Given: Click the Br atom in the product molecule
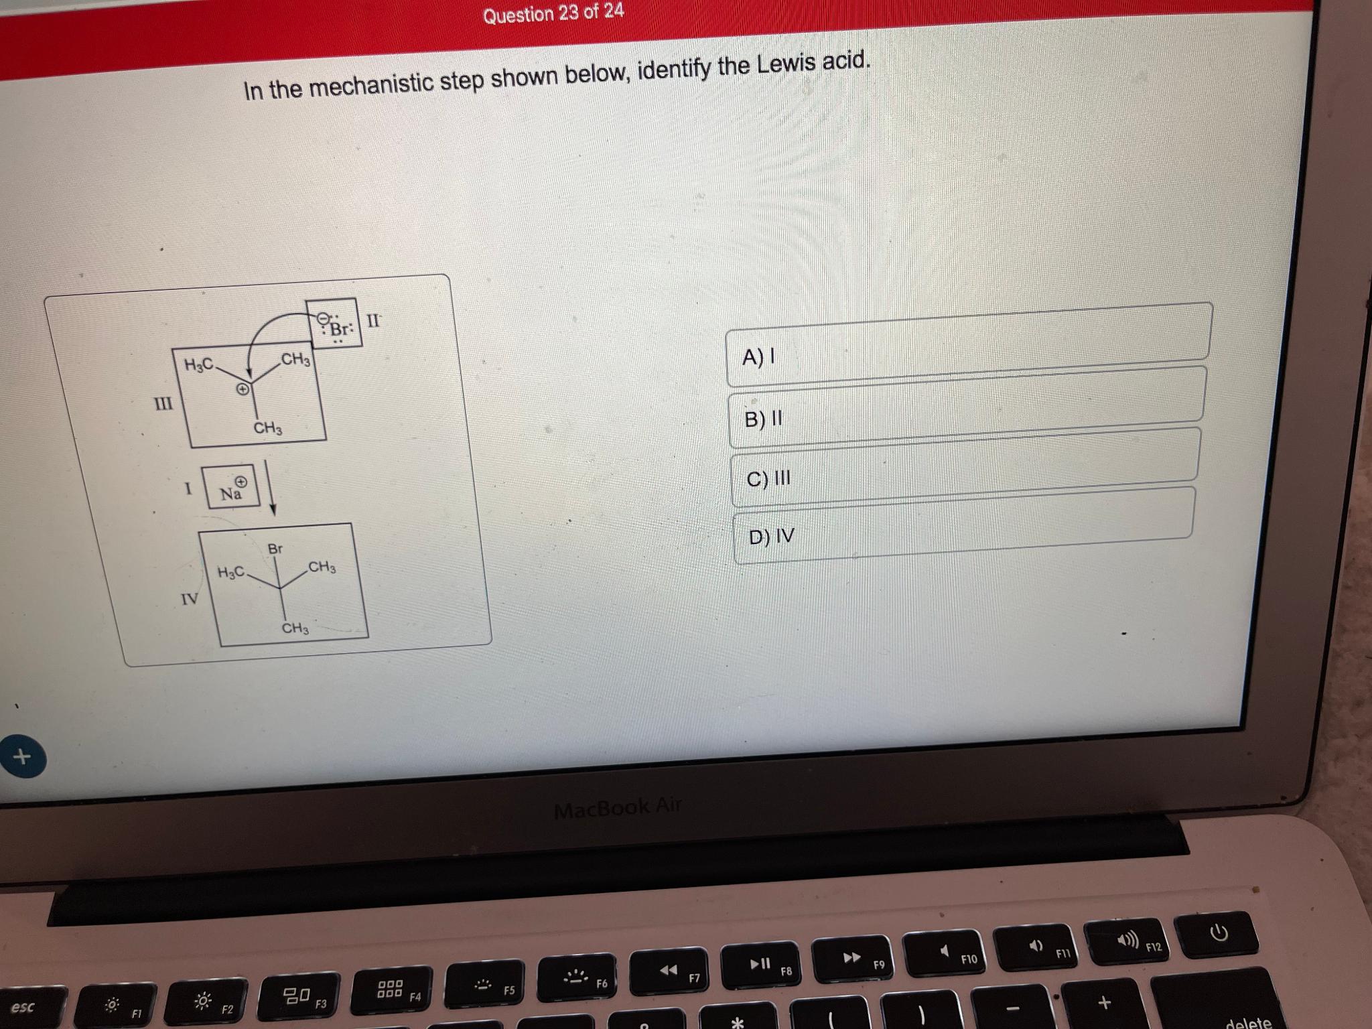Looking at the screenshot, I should point(275,549).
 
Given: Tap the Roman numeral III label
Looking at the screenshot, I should point(163,404).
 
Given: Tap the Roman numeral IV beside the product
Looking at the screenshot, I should point(190,598).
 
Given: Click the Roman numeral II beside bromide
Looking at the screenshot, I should point(374,320).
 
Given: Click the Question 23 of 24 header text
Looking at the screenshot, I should point(553,13).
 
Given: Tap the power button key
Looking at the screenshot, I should point(1219,933).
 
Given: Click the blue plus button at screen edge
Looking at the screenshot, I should point(22,757).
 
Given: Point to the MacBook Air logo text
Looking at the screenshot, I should point(617,808).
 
